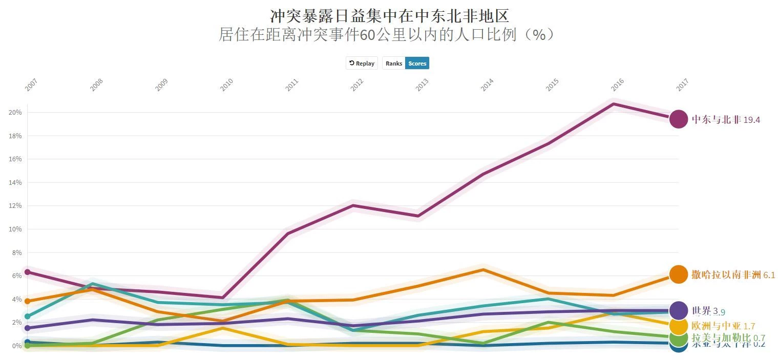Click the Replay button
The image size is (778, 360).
(362, 63)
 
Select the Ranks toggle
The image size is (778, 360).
(394, 63)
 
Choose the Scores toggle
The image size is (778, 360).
(417, 63)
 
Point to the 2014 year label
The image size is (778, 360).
(487, 85)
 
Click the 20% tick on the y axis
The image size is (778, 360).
(14, 112)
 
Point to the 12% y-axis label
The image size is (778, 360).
(14, 206)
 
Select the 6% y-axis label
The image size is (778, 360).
(16, 276)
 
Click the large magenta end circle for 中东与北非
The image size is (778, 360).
(679, 119)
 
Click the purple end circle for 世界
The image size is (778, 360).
(679, 310)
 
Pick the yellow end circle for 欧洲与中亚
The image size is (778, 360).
(679, 326)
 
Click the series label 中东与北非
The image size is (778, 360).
(716, 120)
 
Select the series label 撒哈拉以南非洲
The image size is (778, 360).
(726, 275)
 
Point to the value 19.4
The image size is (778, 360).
(752, 120)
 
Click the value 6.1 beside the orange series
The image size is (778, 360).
(769, 275)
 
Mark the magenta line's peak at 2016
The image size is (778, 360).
(614, 104)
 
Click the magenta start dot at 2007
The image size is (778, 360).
(27, 272)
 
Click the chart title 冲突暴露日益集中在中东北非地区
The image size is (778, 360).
(389, 16)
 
